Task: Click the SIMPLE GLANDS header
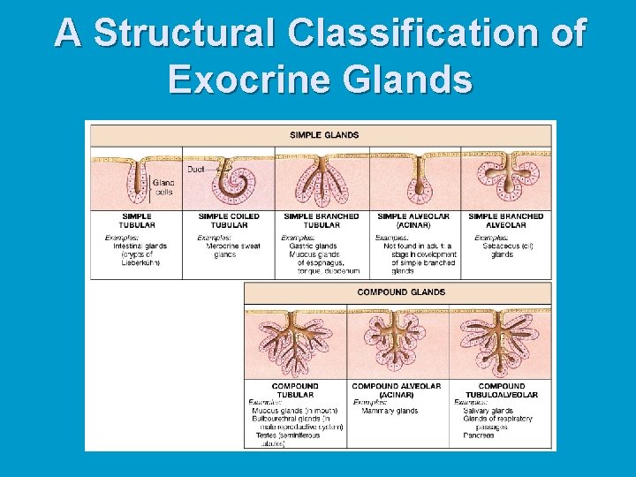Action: tap(324, 135)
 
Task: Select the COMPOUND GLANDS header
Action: tap(401, 292)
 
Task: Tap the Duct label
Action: tap(196, 168)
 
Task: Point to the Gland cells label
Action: tap(163, 187)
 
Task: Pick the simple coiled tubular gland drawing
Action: tap(231, 181)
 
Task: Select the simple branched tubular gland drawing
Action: tap(322, 181)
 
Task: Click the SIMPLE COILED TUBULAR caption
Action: tap(228, 220)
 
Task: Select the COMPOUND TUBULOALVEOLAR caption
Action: tap(501, 390)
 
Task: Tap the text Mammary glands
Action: tap(389, 411)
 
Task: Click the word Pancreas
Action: tap(478, 435)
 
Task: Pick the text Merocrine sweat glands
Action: tap(232, 250)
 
